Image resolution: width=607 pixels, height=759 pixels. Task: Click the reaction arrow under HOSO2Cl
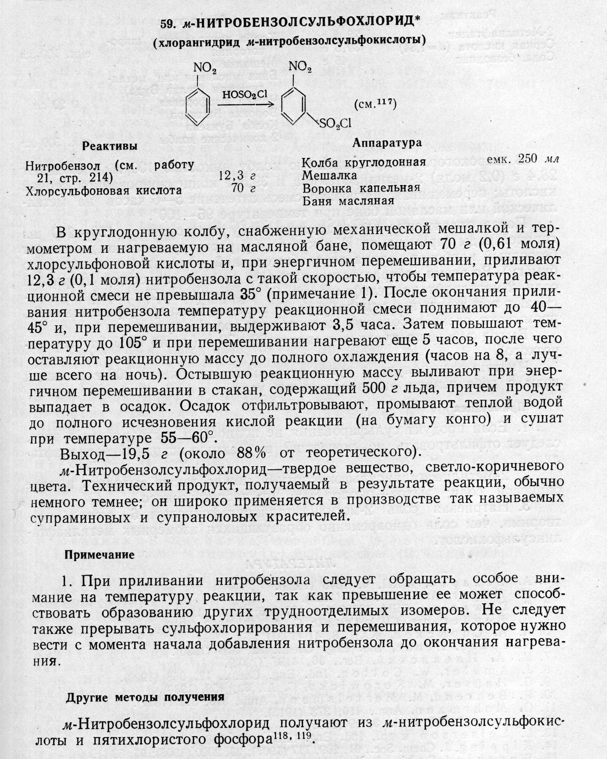tap(245, 105)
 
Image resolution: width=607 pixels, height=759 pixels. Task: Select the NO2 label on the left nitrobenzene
tap(204, 68)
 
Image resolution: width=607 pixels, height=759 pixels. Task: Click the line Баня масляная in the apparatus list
tap(348, 201)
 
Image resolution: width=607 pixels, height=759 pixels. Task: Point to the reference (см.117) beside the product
tap(376, 105)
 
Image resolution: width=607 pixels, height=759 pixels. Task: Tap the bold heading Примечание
tap(99, 555)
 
